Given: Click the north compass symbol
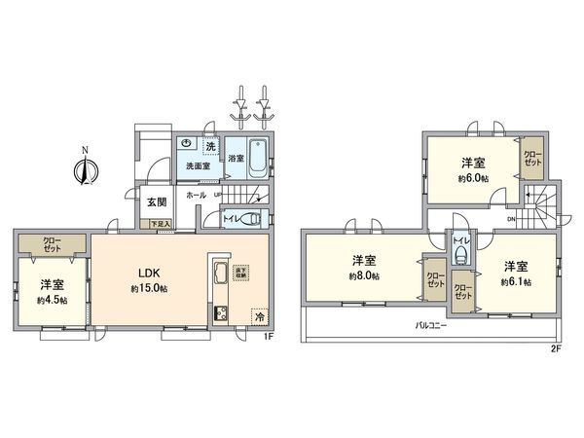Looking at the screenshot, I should tap(86, 170).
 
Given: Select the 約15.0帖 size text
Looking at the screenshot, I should tap(150, 290).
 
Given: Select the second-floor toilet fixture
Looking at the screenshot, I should tap(460, 256).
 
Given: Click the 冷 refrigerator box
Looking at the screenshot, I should tap(259, 316).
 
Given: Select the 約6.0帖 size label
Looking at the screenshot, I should tap(474, 178).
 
